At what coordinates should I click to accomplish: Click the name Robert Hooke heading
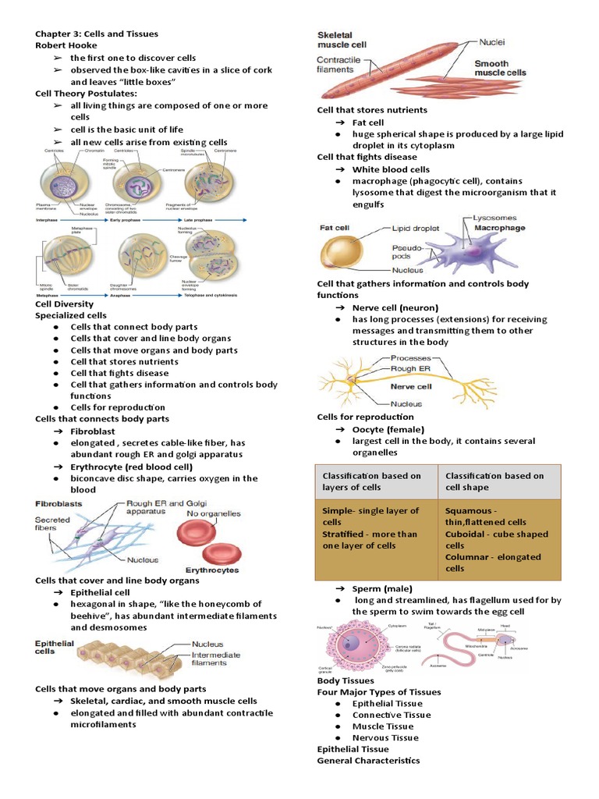66,46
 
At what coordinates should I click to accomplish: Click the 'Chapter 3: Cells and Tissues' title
97,34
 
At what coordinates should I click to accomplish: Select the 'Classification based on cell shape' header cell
494,481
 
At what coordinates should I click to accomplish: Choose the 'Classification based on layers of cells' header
372,481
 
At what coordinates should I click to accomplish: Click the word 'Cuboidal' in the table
467,534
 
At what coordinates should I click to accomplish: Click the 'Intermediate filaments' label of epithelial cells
222,659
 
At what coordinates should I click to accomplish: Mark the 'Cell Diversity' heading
65,304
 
